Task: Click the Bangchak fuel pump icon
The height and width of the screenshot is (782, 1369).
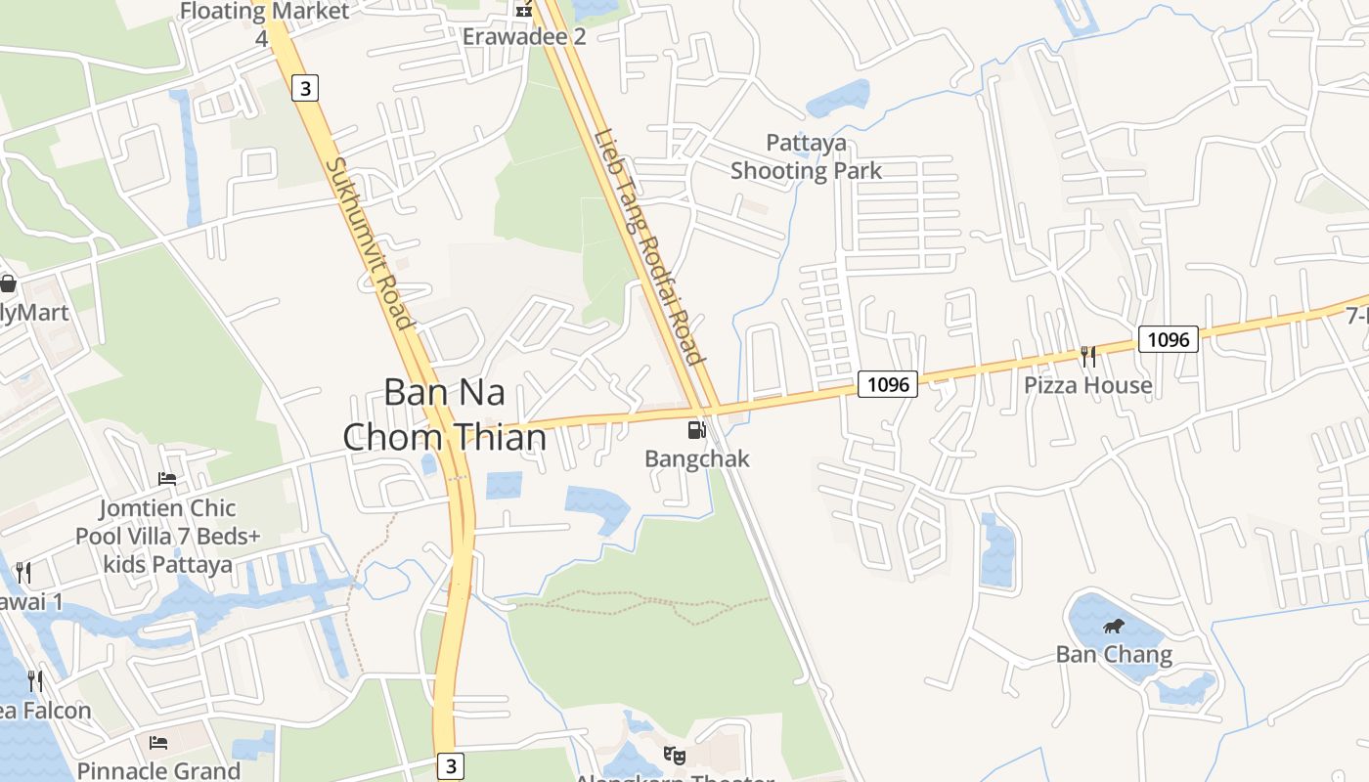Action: [x=696, y=429]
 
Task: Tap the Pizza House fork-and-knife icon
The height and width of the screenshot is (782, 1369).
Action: [x=1087, y=356]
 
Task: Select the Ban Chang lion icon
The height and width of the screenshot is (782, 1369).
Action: [x=1113, y=627]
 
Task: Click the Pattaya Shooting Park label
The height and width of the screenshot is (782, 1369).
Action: [x=807, y=157]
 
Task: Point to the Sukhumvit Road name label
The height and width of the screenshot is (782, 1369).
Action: [x=368, y=243]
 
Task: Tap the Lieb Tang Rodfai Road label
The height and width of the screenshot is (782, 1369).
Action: [x=650, y=246]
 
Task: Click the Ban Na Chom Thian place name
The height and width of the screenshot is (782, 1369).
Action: [x=445, y=414]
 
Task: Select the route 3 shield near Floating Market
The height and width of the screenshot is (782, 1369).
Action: [x=305, y=89]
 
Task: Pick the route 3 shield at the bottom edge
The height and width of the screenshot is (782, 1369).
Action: [x=450, y=766]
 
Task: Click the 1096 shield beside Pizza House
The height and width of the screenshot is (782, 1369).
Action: [x=1168, y=339]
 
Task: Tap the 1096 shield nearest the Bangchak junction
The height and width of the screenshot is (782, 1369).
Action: [x=888, y=384]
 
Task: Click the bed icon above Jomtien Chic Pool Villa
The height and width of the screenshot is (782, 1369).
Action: [x=167, y=479]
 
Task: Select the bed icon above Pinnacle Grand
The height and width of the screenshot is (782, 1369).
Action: [x=158, y=743]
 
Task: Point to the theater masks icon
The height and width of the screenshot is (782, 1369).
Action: [x=673, y=755]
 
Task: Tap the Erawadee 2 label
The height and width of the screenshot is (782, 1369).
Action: [x=524, y=37]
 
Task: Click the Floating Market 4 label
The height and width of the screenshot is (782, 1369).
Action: [x=264, y=23]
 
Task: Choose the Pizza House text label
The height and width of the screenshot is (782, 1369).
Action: [x=1087, y=385]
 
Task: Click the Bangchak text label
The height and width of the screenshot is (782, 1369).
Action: [x=697, y=458]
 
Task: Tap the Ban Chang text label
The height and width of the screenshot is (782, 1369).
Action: [x=1114, y=654]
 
